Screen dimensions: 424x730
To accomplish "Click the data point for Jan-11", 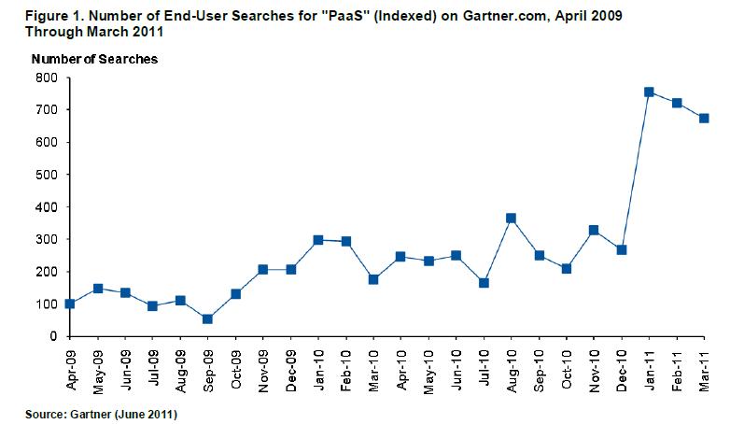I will coord(649,92).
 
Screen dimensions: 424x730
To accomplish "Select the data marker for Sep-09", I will coord(206,318).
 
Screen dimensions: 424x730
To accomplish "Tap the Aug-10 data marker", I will coord(510,219).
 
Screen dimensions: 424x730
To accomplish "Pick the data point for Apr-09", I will coord(71,304).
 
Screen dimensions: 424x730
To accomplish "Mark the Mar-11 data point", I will coord(704,119).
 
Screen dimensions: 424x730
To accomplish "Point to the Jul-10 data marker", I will coord(483,283).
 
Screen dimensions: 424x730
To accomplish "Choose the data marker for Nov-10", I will coord(593,230).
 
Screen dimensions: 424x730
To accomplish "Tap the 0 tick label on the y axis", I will coord(53,336).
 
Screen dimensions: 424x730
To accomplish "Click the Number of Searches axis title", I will coord(94,59).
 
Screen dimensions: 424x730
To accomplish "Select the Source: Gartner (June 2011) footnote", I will coord(103,410).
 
